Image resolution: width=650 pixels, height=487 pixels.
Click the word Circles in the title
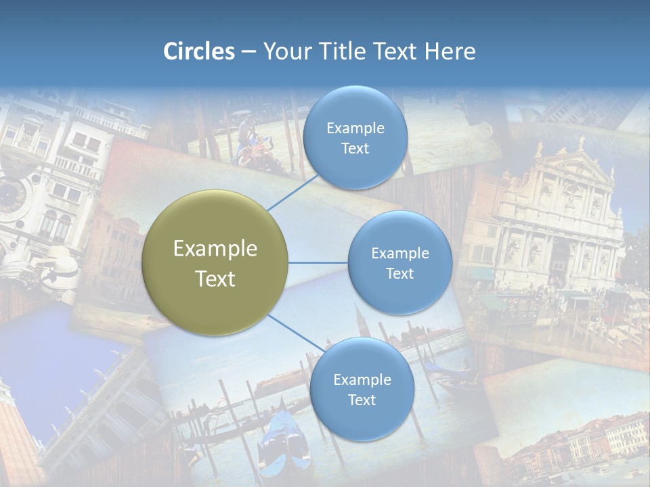pyautogui.click(x=199, y=51)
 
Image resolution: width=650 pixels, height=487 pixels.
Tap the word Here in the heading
pyautogui.click(x=450, y=51)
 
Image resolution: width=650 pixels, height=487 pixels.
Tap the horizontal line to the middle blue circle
pyautogui.click(x=318, y=262)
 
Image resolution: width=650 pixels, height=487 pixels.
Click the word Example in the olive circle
pyautogui.click(x=215, y=249)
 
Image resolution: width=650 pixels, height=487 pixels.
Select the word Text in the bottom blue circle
pyautogui.click(x=362, y=400)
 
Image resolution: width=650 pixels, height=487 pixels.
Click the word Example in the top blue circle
pyautogui.click(x=355, y=129)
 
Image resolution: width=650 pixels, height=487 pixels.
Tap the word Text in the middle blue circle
pyautogui.click(x=399, y=273)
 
